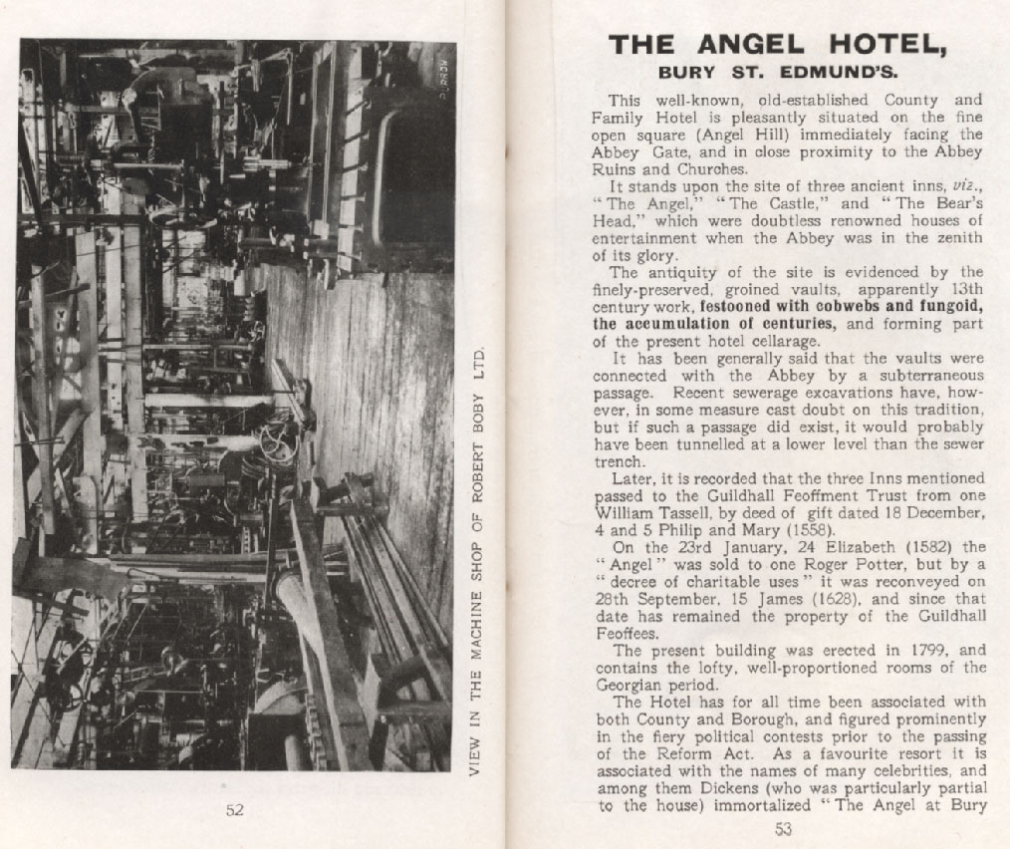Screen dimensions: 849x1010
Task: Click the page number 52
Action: [x=234, y=809]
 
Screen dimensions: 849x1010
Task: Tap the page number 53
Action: [x=783, y=827]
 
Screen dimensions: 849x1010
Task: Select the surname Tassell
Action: [x=694, y=512]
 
